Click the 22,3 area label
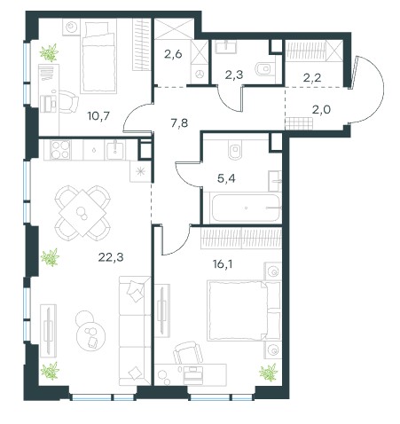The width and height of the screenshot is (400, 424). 111,257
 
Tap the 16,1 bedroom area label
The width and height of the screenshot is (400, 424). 223,264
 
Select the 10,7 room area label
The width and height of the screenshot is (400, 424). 98,115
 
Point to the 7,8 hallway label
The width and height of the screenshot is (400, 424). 179,122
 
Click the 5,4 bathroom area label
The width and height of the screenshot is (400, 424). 226,178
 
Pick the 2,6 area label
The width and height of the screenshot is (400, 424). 173,54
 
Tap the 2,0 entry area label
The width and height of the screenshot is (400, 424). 321,110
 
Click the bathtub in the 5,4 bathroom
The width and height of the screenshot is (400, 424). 245,208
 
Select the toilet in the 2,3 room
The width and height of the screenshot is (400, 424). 265,69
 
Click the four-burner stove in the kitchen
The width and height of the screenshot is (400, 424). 61,150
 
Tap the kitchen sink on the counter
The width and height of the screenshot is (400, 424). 115,150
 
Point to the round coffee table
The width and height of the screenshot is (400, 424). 90,335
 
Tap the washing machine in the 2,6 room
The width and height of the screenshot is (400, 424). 200,74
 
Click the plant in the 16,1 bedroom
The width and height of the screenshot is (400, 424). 269,373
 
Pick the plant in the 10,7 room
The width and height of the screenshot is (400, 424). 49,52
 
